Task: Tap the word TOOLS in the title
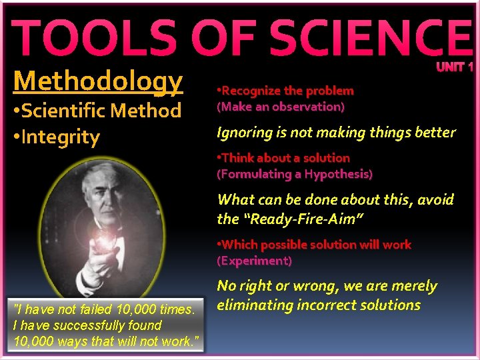tap(93, 38)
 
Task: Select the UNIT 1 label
tap(455, 67)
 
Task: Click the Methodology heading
tap(97, 81)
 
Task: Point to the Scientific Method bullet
tap(97, 110)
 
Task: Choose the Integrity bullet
tap(56, 137)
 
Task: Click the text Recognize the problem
tap(287, 91)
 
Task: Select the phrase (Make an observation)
tap(281, 107)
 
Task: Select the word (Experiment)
tap(254, 261)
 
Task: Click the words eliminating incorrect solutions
tap(319, 305)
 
